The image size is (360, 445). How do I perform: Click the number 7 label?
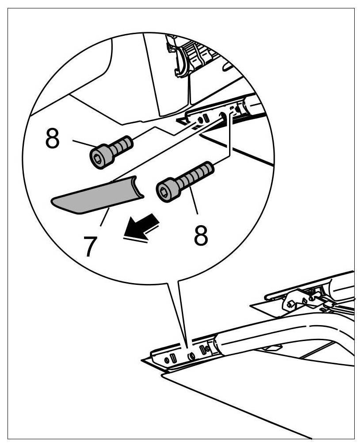(x=90, y=246)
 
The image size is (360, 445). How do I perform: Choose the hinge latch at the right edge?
(x=301, y=299)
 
